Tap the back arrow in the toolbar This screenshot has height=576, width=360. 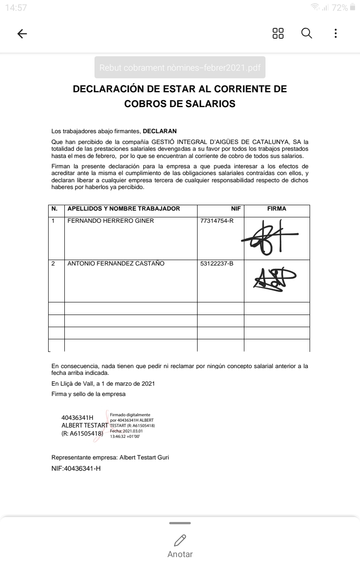[x=22, y=34]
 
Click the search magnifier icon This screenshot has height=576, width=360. [x=306, y=33]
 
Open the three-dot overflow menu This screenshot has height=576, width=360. [x=336, y=33]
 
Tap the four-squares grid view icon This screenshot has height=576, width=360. [x=278, y=33]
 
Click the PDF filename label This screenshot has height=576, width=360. [x=180, y=68]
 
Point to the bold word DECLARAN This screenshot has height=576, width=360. [x=160, y=131]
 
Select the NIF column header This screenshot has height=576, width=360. [x=236, y=209]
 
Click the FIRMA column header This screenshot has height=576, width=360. [x=277, y=209]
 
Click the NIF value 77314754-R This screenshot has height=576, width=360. [x=217, y=221]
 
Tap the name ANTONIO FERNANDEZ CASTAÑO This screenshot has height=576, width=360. [x=116, y=264]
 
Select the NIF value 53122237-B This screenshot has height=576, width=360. [x=217, y=264]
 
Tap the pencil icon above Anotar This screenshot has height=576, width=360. [x=180, y=540]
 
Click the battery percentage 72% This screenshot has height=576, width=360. [x=339, y=8]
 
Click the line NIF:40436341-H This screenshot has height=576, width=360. [x=76, y=468]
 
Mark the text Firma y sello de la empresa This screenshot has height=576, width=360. [x=89, y=394]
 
